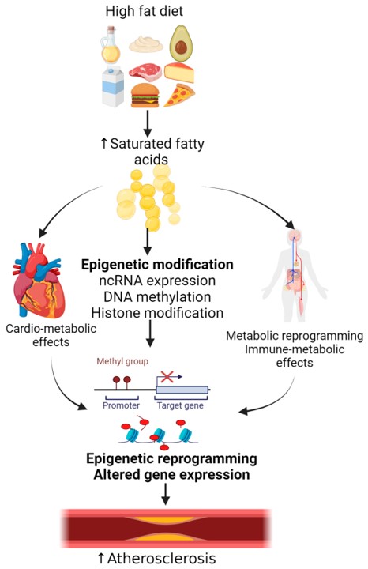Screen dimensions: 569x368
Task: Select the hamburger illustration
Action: [x=146, y=96]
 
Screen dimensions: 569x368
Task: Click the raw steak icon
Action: [x=146, y=72]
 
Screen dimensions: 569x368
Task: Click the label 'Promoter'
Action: [x=121, y=405]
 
